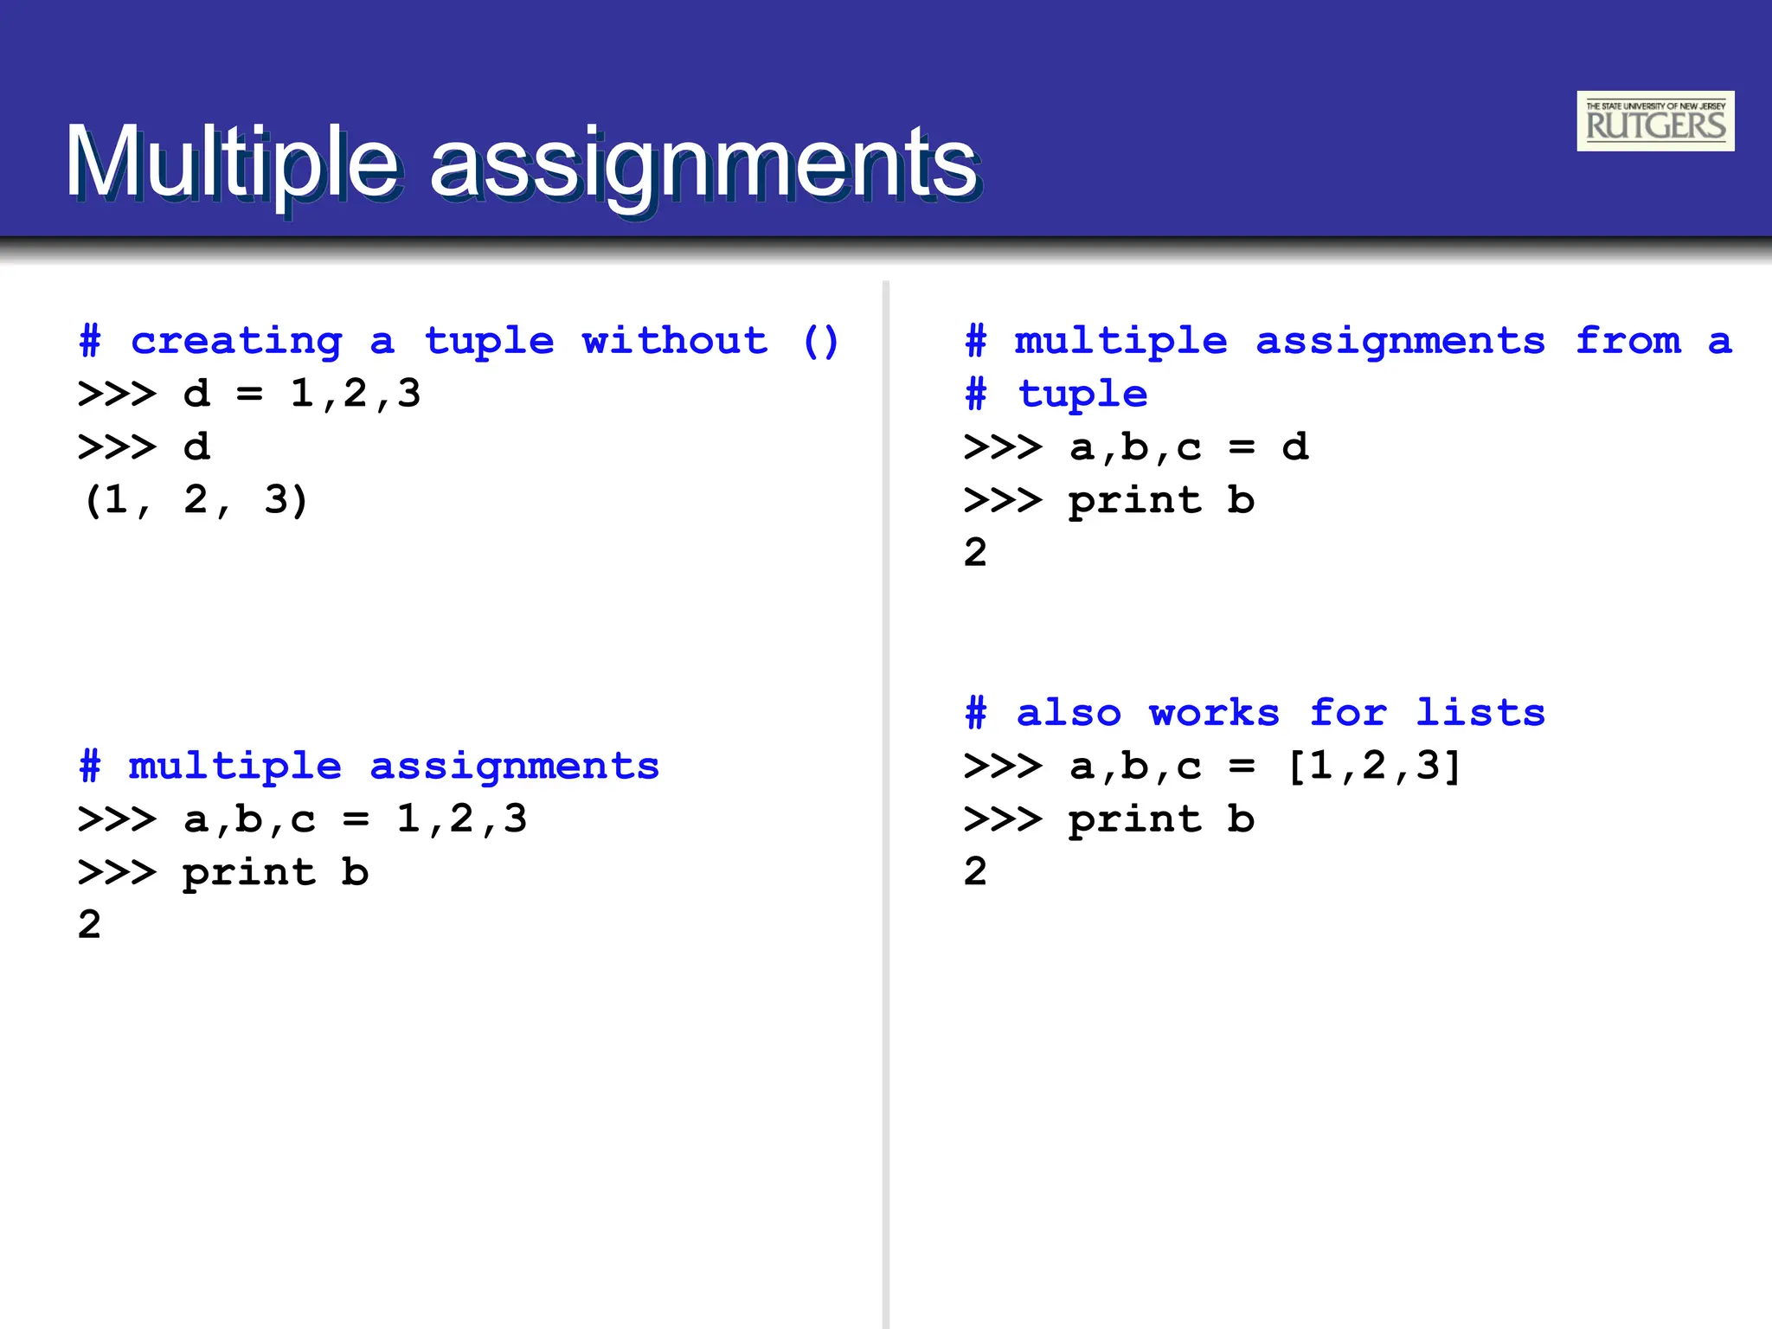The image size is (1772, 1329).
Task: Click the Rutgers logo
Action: [1654, 121]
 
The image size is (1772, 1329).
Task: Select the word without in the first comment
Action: [674, 341]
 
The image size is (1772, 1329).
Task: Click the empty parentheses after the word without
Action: [820, 341]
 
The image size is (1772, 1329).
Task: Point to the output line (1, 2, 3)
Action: [196, 500]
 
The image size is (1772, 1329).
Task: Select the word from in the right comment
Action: [1628, 341]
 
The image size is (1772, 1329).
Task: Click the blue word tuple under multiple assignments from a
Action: [1082, 395]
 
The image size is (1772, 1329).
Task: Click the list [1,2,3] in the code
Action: [1374, 766]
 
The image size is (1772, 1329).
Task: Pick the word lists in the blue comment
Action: [1480, 713]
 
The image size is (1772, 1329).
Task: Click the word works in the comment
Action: [1214, 713]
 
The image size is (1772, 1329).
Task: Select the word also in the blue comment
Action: [1069, 713]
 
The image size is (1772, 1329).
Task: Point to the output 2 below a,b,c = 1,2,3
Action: [89, 925]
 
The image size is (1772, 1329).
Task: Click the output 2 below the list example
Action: [975, 871]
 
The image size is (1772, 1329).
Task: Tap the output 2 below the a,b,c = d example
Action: [975, 552]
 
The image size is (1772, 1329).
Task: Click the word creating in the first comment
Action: [236, 341]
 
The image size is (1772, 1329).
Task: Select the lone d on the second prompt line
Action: [196, 447]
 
